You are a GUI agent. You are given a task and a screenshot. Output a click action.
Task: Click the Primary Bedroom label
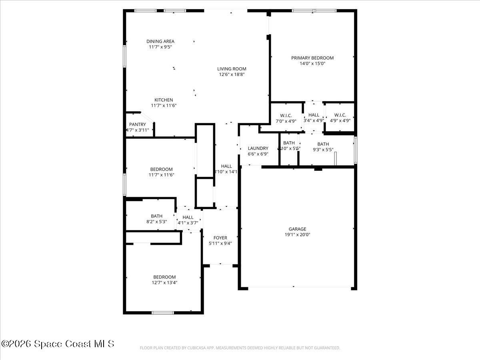(x=312, y=58)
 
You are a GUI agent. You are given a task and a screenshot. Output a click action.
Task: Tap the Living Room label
(x=232, y=68)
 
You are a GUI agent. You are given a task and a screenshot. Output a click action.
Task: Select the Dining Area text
(x=160, y=41)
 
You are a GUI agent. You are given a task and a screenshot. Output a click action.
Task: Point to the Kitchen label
(x=164, y=100)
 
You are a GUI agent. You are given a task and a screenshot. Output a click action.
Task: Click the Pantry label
(x=137, y=124)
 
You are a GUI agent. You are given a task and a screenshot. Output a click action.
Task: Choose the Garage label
(x=297, y=229)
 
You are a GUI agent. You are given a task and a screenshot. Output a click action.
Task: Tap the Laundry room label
(x=258, y=148)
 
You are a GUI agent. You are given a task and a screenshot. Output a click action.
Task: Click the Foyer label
(x=220, y=238)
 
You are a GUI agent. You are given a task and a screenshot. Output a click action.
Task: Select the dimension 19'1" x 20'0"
(x=297, y=235)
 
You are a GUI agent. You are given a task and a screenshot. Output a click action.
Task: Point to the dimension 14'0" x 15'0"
(x=312, y=63)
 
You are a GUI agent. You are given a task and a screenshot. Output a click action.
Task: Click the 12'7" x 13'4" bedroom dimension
(x=164, y=282)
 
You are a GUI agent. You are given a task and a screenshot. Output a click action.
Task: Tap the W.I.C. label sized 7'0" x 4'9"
(x=286, y=115)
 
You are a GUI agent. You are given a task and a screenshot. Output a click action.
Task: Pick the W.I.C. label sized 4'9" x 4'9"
(x=340, y=115)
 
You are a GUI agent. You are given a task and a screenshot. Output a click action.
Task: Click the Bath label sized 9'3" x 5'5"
(x=323, y=144)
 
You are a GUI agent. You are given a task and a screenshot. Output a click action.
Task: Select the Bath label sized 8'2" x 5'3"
(x=156, y=216)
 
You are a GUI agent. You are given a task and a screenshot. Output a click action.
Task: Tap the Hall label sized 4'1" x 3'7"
(x=188, y=217)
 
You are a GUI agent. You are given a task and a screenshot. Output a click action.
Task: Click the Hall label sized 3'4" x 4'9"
(x=314, y=115)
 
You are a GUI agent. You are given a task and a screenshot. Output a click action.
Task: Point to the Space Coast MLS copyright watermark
(x=58, y=344)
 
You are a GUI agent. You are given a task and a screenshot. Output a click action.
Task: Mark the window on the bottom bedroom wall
(x=162, y=312)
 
